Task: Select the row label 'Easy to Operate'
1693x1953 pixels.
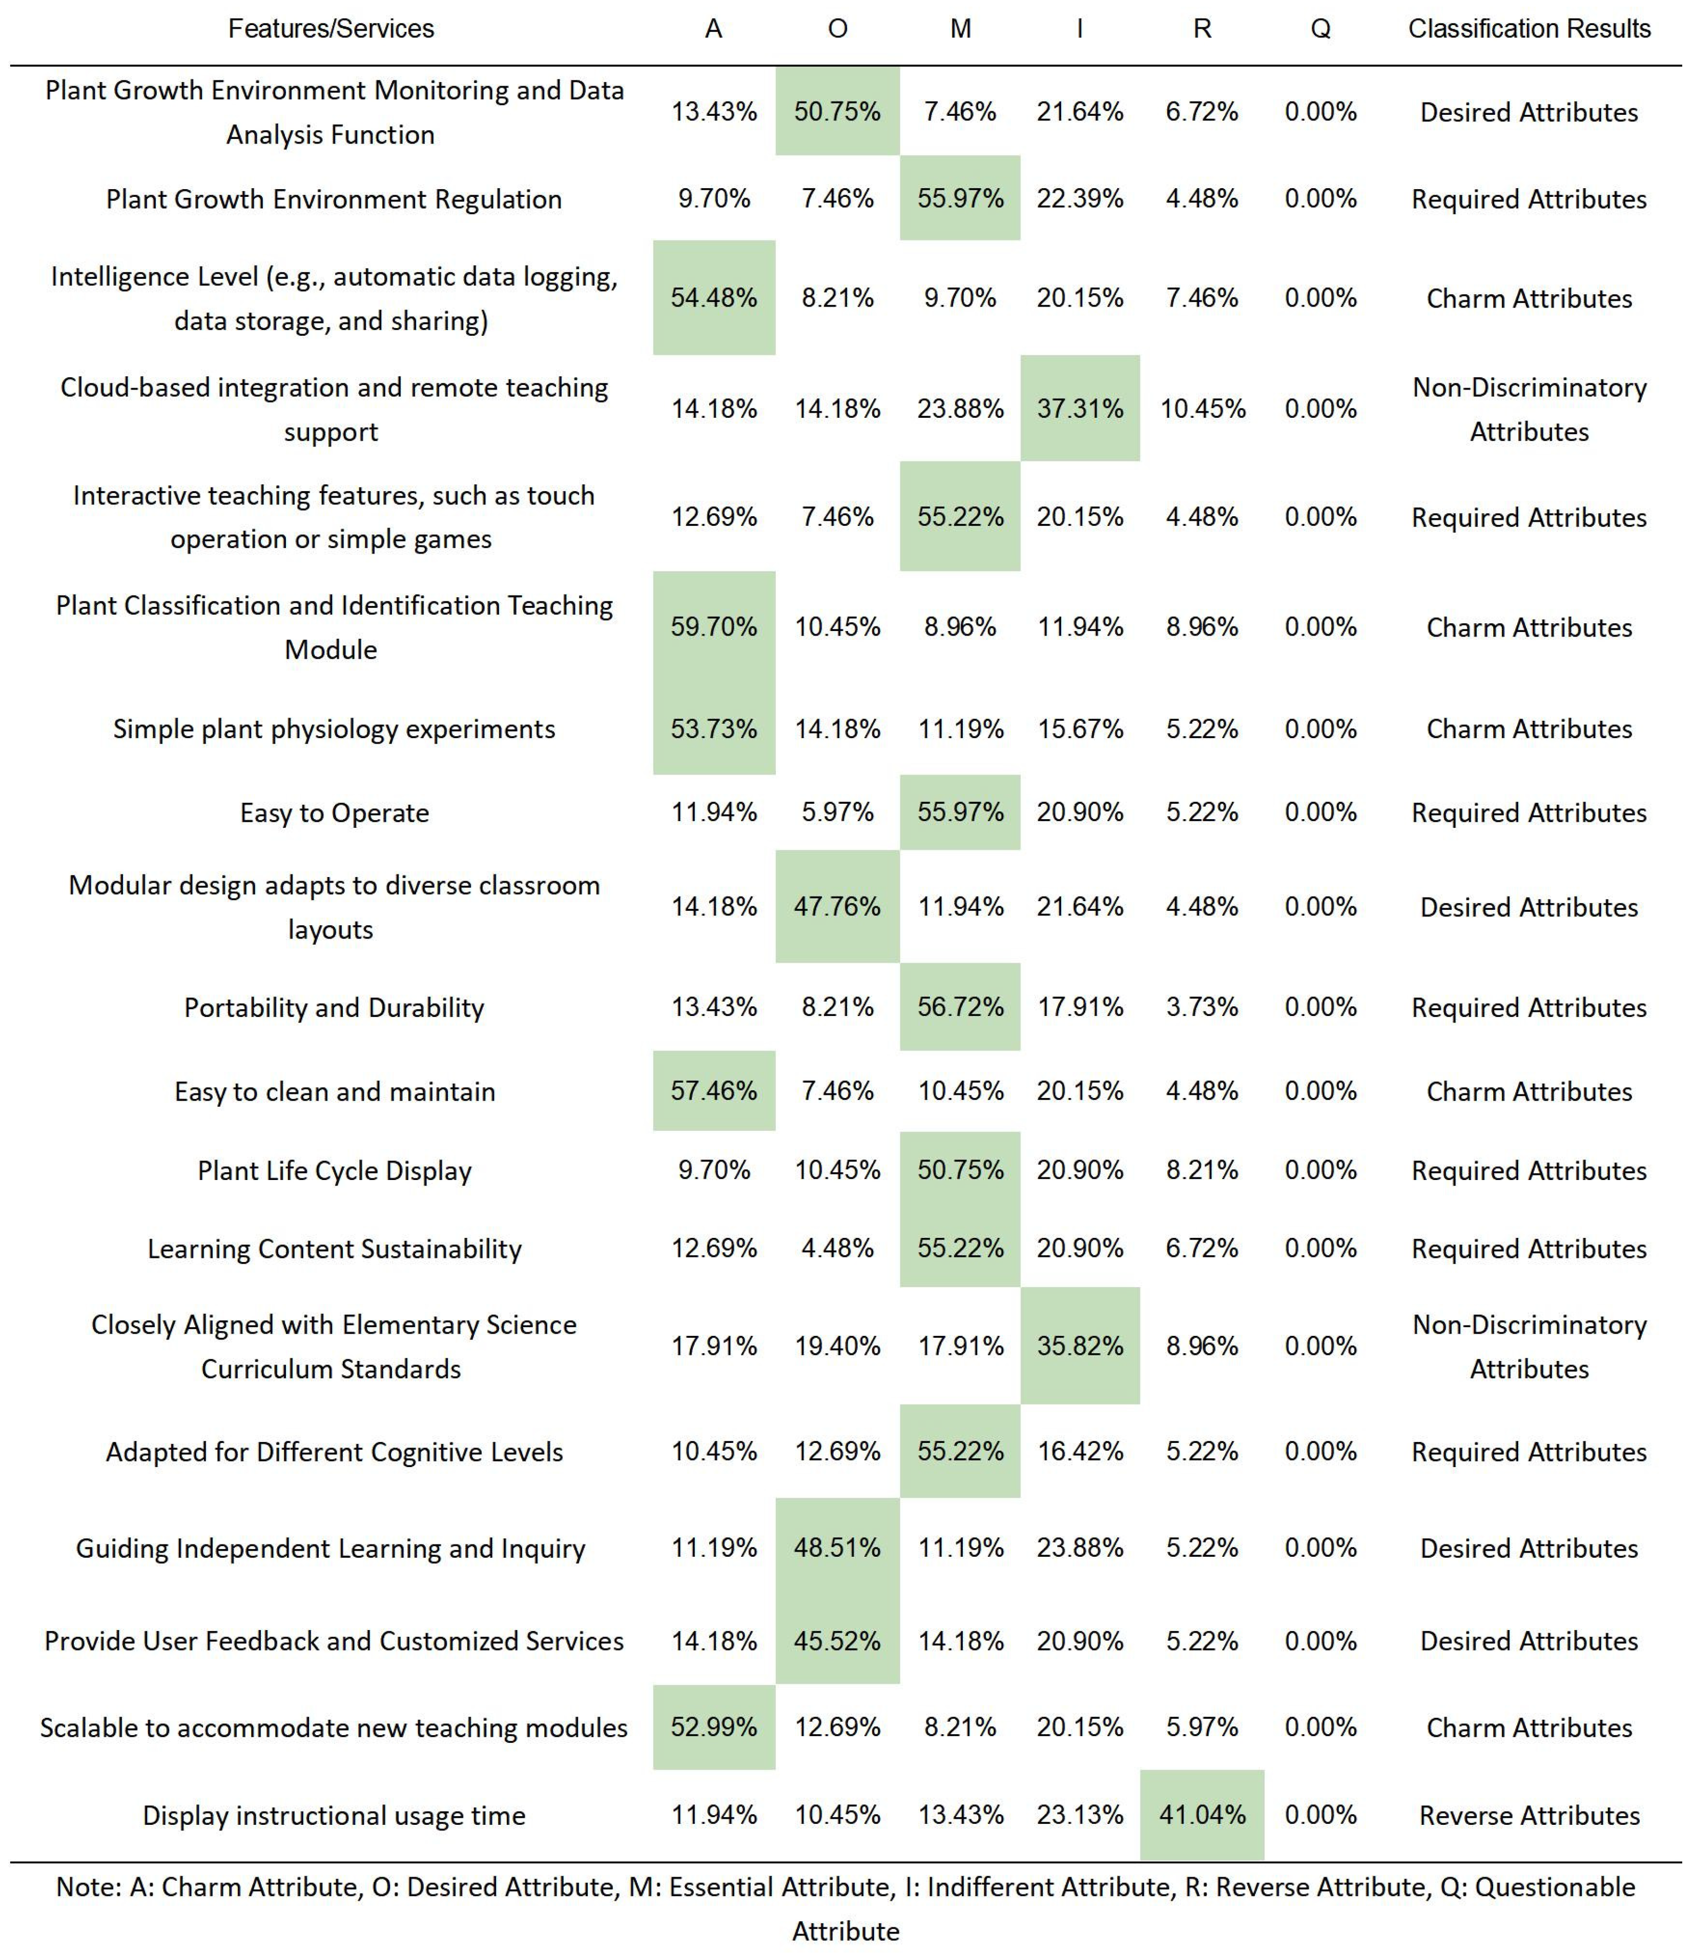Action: click(335, 812)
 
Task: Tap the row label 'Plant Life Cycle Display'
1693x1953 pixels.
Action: click(335, 1171)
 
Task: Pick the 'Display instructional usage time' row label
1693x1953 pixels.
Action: click(335, 1815)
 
